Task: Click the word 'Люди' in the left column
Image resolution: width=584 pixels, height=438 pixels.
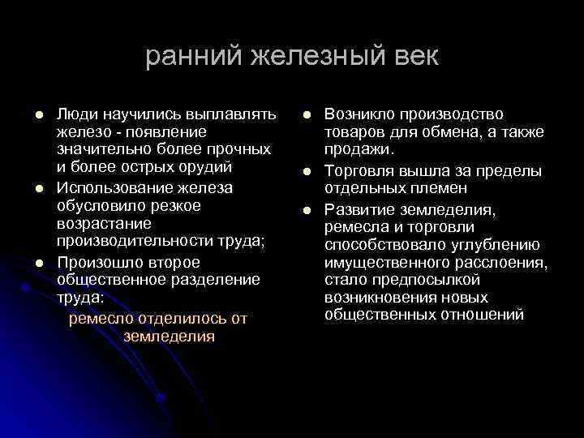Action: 77,113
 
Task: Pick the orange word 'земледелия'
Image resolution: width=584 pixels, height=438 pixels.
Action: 170,337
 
